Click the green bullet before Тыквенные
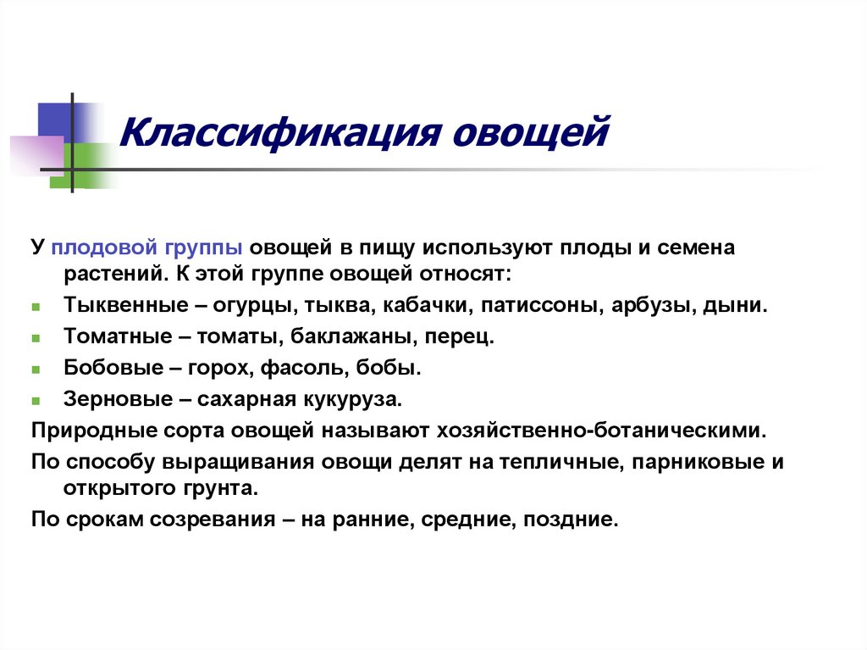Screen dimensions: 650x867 36,307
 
